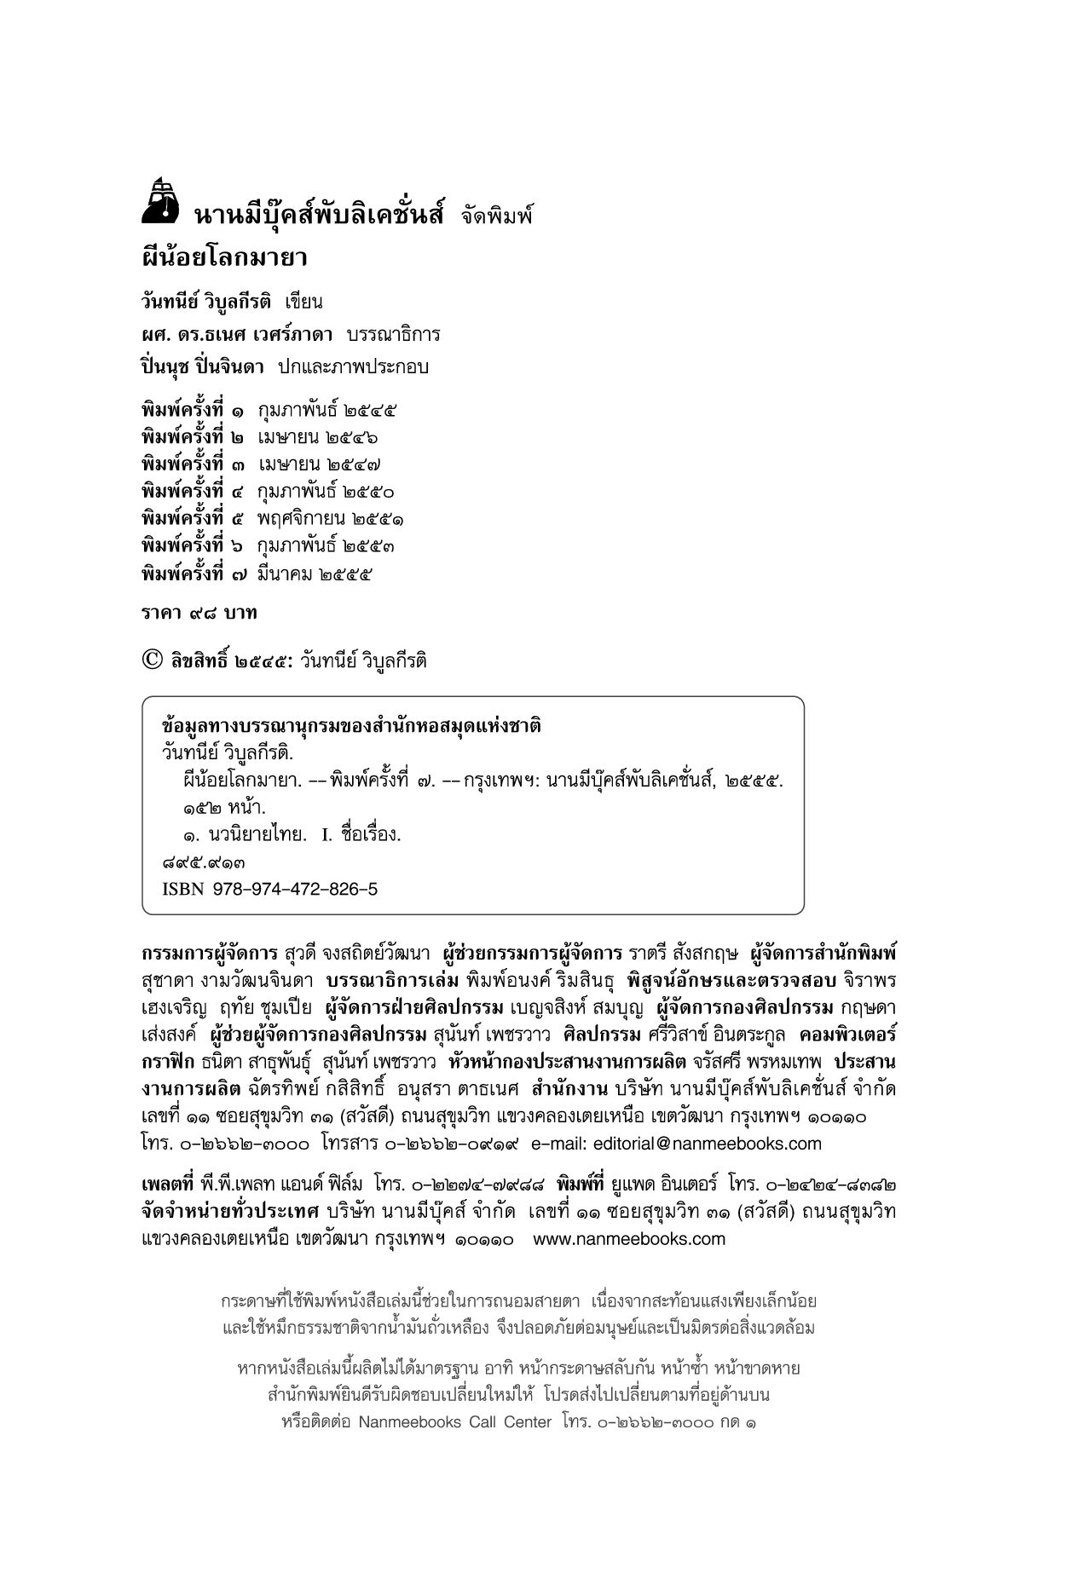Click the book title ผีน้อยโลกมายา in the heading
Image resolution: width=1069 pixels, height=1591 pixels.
tap(224, 257)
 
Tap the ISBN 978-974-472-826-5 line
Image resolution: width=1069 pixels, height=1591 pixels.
tap(269, 889)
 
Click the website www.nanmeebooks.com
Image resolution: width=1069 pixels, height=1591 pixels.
tap(629, 1238)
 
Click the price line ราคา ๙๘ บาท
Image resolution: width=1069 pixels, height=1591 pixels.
tap(199, 613)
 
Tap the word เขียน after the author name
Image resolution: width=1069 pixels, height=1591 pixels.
tap(304, 302)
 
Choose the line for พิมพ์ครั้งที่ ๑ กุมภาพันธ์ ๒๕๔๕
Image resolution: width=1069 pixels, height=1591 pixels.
tap(269, 410)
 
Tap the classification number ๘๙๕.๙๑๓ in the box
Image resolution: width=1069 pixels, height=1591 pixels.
tap(197, 862)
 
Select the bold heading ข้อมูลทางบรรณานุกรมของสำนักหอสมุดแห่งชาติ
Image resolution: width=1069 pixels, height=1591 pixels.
tap(352, 726)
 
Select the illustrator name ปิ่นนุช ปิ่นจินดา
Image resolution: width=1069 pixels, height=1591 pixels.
tap(203, 367)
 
